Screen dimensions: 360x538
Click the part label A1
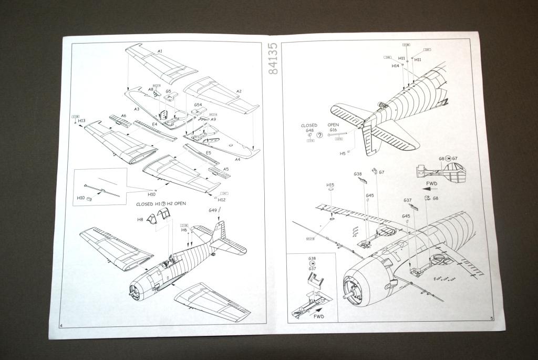point(160,52)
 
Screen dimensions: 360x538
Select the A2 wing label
point(239,91)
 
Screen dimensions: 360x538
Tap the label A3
point(137,109)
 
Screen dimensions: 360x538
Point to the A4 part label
point(237,159)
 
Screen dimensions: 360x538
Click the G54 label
point(198,105)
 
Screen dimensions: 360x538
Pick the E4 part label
point(154,124)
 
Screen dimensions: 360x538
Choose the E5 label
point(209,153)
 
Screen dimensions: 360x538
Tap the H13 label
point(81,121)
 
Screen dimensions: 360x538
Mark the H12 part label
point(221,200)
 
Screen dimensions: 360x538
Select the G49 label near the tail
point(213,210)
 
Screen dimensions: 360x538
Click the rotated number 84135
point(273,59)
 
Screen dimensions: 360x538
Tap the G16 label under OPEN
point(333,130)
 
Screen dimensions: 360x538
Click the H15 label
point(330,185)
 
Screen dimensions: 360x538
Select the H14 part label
point(395,66)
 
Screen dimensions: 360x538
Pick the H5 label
point(343,153)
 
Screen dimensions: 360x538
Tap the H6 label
point(184,230)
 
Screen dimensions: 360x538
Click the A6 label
point(123,115)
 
